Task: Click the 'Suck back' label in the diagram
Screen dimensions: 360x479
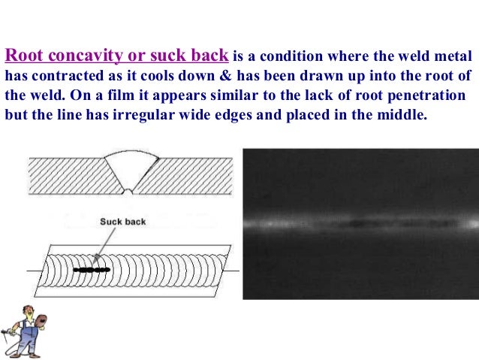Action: (x=122, y=222)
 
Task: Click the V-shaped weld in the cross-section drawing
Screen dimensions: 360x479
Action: (x=131, y=170)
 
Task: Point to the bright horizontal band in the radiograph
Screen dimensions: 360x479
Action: (x=360, y=223)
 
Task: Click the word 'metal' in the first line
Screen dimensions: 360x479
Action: (x=450, y=56)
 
